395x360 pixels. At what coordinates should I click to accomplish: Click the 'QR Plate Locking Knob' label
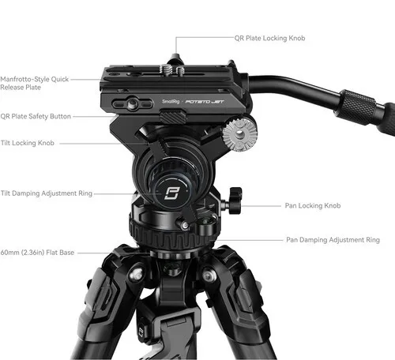point(269,39)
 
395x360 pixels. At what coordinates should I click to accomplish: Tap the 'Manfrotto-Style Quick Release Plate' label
point(34,83)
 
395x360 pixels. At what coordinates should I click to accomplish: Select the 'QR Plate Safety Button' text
point(36,116)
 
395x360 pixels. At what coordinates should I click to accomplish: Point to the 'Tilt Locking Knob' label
point(28,143)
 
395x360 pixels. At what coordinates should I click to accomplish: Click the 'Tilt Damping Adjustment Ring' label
point(47,193)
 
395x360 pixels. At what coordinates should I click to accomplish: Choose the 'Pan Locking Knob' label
point(313,205)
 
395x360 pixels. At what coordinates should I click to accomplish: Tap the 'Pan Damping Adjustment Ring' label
point(333,240)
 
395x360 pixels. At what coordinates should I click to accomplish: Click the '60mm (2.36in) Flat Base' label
point(37,253)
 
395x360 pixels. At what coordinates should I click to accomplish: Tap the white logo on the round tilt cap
point(171,193)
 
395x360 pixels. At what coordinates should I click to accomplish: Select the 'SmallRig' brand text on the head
point(171,101)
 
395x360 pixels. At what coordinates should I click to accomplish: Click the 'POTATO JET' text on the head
point(205,102)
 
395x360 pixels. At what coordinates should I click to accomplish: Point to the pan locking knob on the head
point(235,200)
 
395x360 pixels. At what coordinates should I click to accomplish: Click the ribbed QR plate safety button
point(173,117)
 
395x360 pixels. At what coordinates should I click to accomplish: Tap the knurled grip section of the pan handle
point(358,103)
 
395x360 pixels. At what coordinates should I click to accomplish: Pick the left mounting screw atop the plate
point(165,69)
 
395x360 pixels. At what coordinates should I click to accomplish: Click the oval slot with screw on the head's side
point(132,103)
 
